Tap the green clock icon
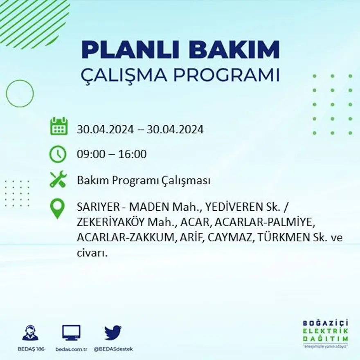pyautogui.click(x=58, y=154)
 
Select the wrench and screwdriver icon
pyautogui.click(x=58, y=180)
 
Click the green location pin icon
pyautogui.click(x=58, y=208)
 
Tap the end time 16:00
pyautogui.click(x=133, y=154)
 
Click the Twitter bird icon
pyautogui.click(x=112, y=333)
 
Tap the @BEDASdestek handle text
pyautogui.click(x=113, y=349)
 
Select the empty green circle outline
pyautogui.click(x=20, y=94)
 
